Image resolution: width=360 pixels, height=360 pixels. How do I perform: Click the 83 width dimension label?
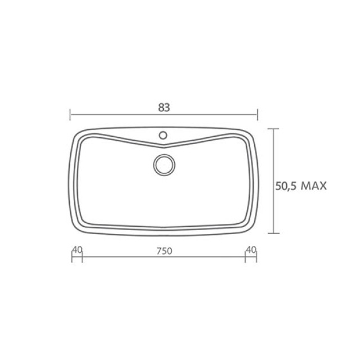pyautogui.click(x=164, y=107)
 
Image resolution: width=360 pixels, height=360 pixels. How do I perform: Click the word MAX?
pyautogui.click(x=314, y=186)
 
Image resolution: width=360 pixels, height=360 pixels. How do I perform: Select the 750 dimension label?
pyautogui.click(x=164, y=251)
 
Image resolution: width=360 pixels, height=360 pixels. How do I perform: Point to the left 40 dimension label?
pyautogui.click(x=77, y=250)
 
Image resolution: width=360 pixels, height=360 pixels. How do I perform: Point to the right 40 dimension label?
pyautogui.click(x=251, y=250)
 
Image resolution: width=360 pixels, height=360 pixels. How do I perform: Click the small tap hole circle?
pyautogui.click(x=163, y=135)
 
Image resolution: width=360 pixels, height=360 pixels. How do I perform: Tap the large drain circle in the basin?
pyautogui.click(x=164, y=165)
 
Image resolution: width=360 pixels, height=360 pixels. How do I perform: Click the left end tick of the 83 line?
pyautogui.click(x=70, y=115)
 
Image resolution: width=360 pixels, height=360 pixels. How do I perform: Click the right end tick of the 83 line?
pyautogui.click(x=258, y=115)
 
